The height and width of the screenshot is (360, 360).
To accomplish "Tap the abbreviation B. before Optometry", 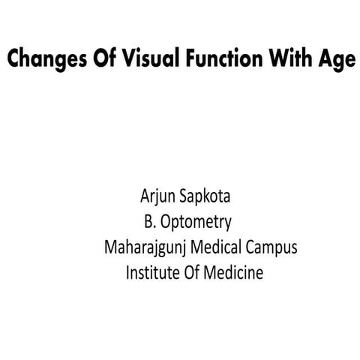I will (150, 223).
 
